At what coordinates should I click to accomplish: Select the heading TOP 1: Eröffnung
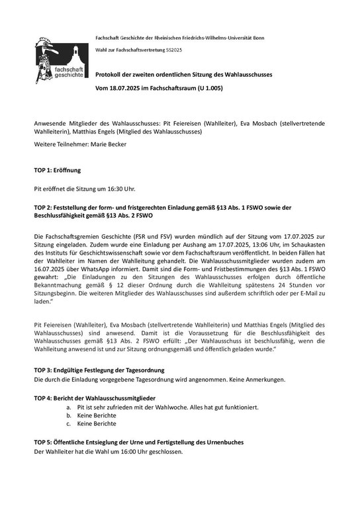coord(58,169)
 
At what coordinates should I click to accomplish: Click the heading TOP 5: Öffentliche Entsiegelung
coord(139,441)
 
